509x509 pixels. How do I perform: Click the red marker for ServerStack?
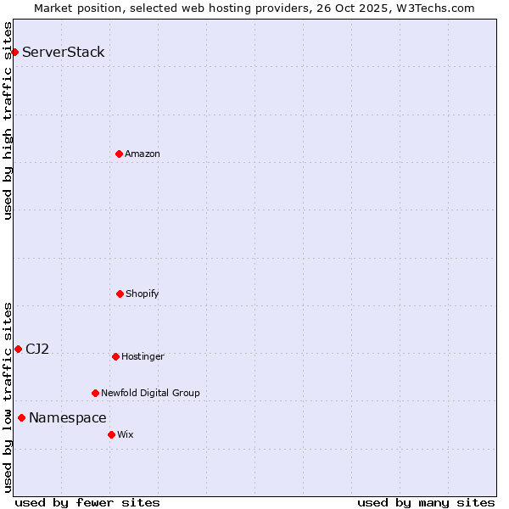point(14,53)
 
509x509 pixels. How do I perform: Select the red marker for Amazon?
point(119,154)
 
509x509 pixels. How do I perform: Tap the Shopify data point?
point(120,294)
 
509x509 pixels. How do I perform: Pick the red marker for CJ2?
point(18,349)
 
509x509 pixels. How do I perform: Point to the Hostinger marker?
point(115,356)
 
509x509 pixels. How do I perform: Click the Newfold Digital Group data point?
point(95,393)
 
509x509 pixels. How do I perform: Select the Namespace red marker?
point(21,417)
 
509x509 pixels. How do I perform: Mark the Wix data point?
point(111,434)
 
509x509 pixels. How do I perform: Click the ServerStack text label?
point(64,53)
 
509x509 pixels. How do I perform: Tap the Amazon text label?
point(143,154)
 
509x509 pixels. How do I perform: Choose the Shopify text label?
point(143,294)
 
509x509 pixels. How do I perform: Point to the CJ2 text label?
point(37,349)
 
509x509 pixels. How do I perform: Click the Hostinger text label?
point(143,356)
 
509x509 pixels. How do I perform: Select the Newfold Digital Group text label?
point(150,393)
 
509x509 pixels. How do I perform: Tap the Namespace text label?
point(68,417)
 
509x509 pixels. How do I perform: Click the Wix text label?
point(126,434)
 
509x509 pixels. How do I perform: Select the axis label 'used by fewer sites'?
point(87,502)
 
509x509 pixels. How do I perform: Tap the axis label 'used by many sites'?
point(426,502)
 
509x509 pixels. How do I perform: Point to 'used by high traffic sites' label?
point(8,120)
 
